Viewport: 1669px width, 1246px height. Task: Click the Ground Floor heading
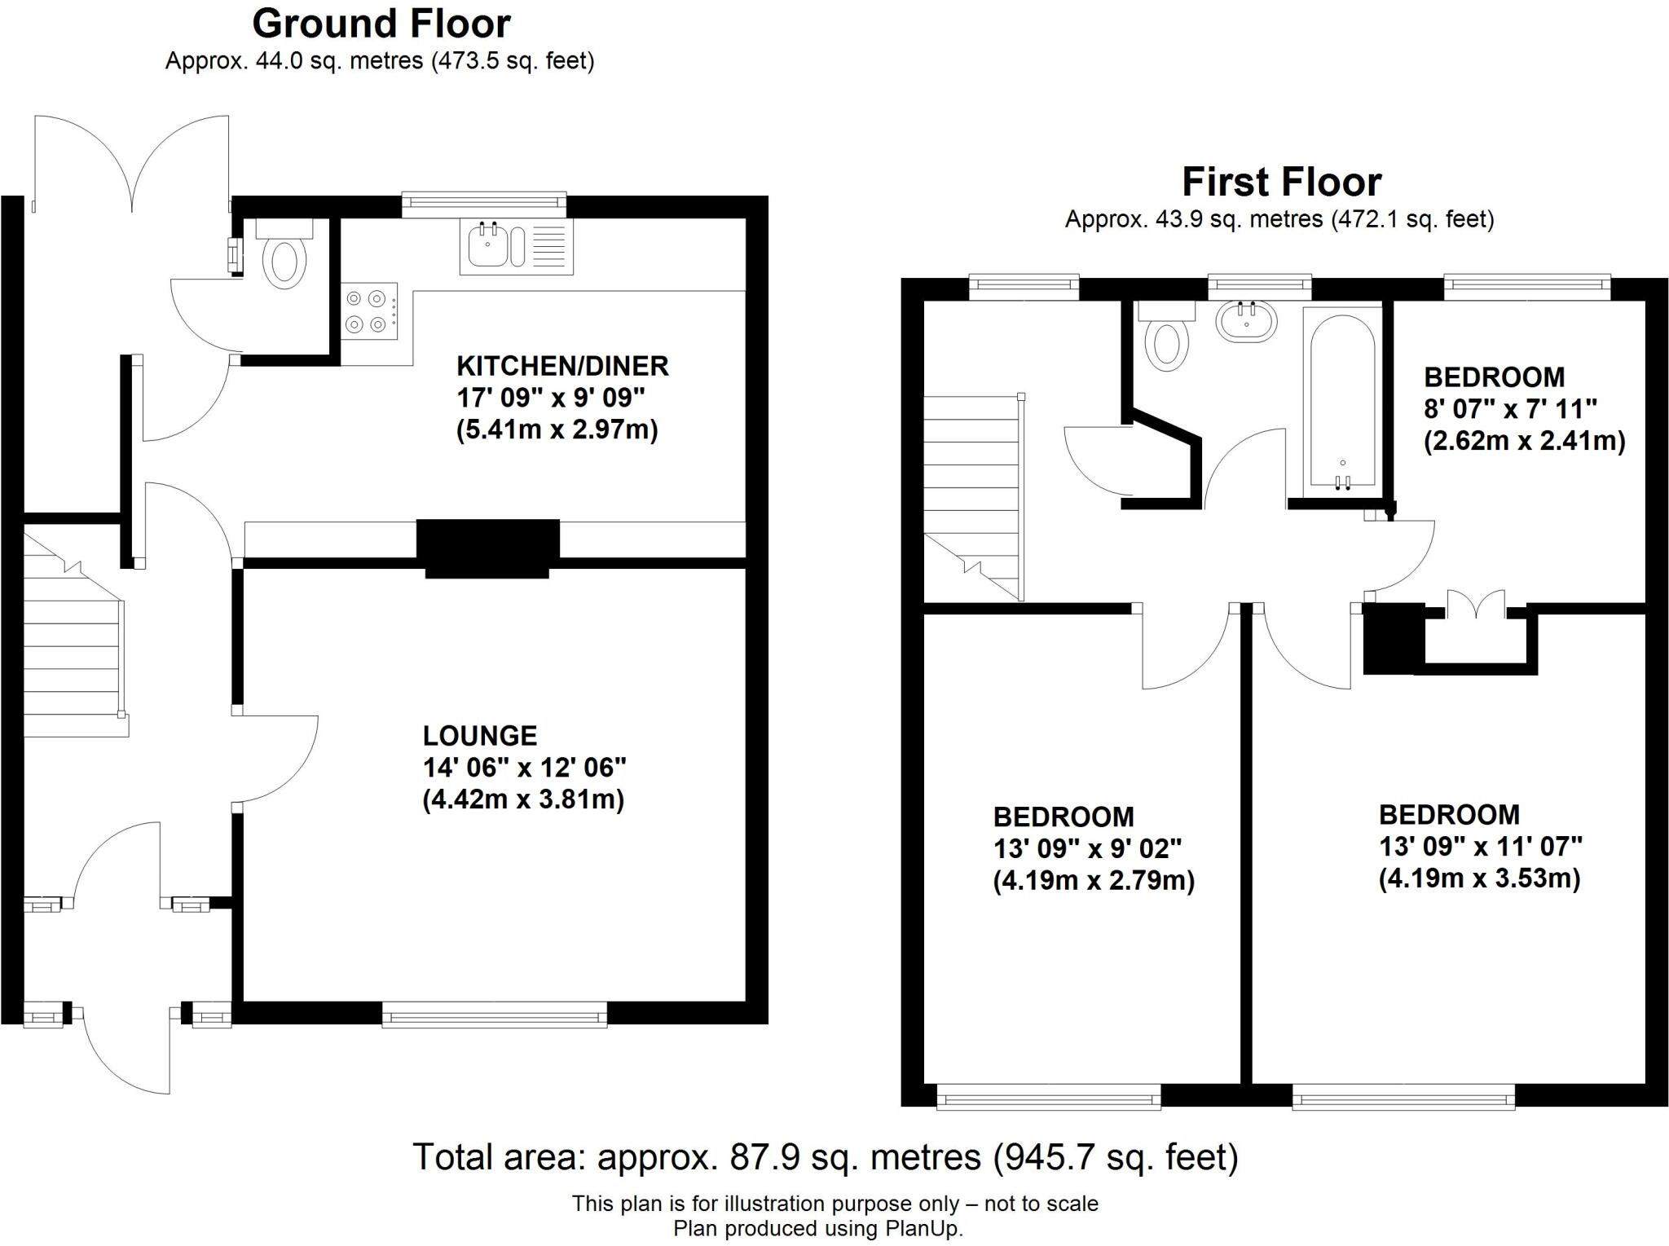[x=381, y=24]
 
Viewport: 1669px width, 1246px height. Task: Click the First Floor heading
[x=1281, y=182]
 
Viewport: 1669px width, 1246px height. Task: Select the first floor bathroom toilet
[x=1166, y=339]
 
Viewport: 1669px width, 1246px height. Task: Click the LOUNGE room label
[x=479, y=736]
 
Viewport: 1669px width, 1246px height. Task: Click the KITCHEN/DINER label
[x=562, y=366]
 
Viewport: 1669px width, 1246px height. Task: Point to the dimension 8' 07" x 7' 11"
[x=1510, y=408]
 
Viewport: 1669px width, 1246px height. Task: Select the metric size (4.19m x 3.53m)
[x=1479, y=878]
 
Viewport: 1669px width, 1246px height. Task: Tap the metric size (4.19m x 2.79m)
[x=1094, y=880]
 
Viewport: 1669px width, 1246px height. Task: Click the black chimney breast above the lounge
[x=487, y=548]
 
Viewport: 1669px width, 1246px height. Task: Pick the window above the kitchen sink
[x=485, y=203]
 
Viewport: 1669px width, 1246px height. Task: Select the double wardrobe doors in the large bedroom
[x=1476, y=605]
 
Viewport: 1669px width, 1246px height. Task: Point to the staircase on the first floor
[x=972, y=497]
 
